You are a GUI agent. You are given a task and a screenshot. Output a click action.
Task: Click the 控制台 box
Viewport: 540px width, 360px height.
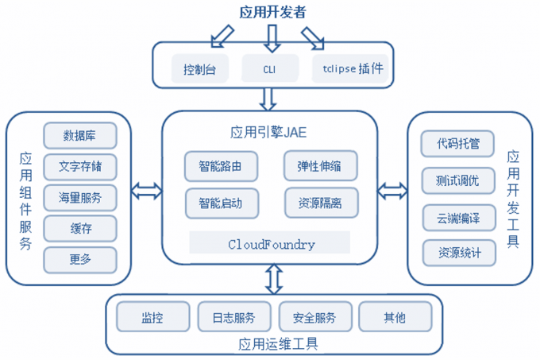(200, 68)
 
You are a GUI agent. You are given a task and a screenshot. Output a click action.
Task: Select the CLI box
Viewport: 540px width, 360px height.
(270, 68)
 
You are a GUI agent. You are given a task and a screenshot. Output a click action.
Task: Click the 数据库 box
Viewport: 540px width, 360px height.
(80, 135)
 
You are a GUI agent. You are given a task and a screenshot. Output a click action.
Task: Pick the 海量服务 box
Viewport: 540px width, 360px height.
(80, 197)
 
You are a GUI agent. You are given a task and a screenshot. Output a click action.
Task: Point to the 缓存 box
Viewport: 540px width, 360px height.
(80, 228)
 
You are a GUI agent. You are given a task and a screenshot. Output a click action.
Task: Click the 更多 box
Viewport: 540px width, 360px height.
(80, 259)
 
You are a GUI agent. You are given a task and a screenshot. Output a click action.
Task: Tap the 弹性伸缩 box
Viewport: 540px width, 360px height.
(321, 166)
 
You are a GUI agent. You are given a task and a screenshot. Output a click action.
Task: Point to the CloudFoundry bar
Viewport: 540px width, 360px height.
(269, 244)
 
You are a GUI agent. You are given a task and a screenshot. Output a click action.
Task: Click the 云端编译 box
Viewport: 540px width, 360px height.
(459, 218)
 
